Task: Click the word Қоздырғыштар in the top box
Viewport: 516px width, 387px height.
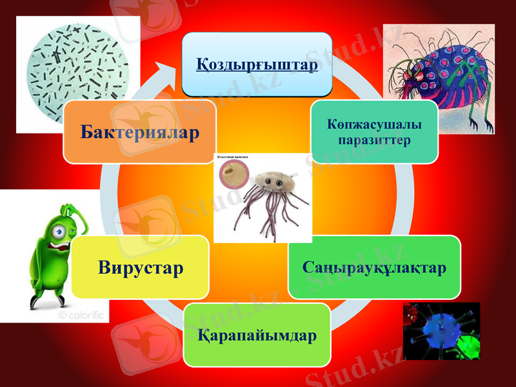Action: pos(257,66)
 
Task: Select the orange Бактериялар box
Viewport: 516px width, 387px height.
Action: pos(139,132)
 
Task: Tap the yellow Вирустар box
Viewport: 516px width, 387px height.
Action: pos(141,266)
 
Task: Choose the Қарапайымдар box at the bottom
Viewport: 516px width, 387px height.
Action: pos(257,335)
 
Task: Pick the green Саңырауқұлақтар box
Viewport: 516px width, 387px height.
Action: pos(374,267)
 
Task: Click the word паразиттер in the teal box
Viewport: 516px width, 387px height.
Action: pos(374,140)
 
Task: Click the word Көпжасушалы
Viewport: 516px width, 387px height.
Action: pos(374,124)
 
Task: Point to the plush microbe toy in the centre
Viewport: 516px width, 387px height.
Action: pos(268,193)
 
